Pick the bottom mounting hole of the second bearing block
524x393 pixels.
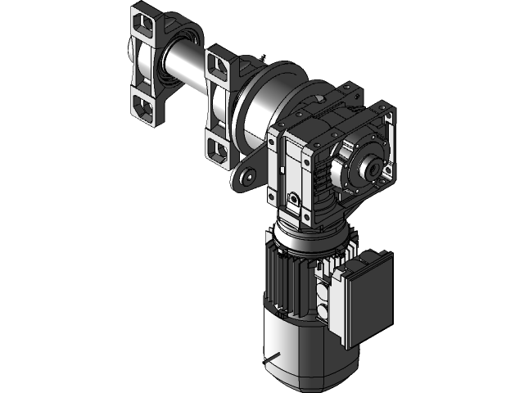coord(218,147)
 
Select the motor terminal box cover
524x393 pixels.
coord(367,295)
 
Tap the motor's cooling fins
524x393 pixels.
coord(282,278)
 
